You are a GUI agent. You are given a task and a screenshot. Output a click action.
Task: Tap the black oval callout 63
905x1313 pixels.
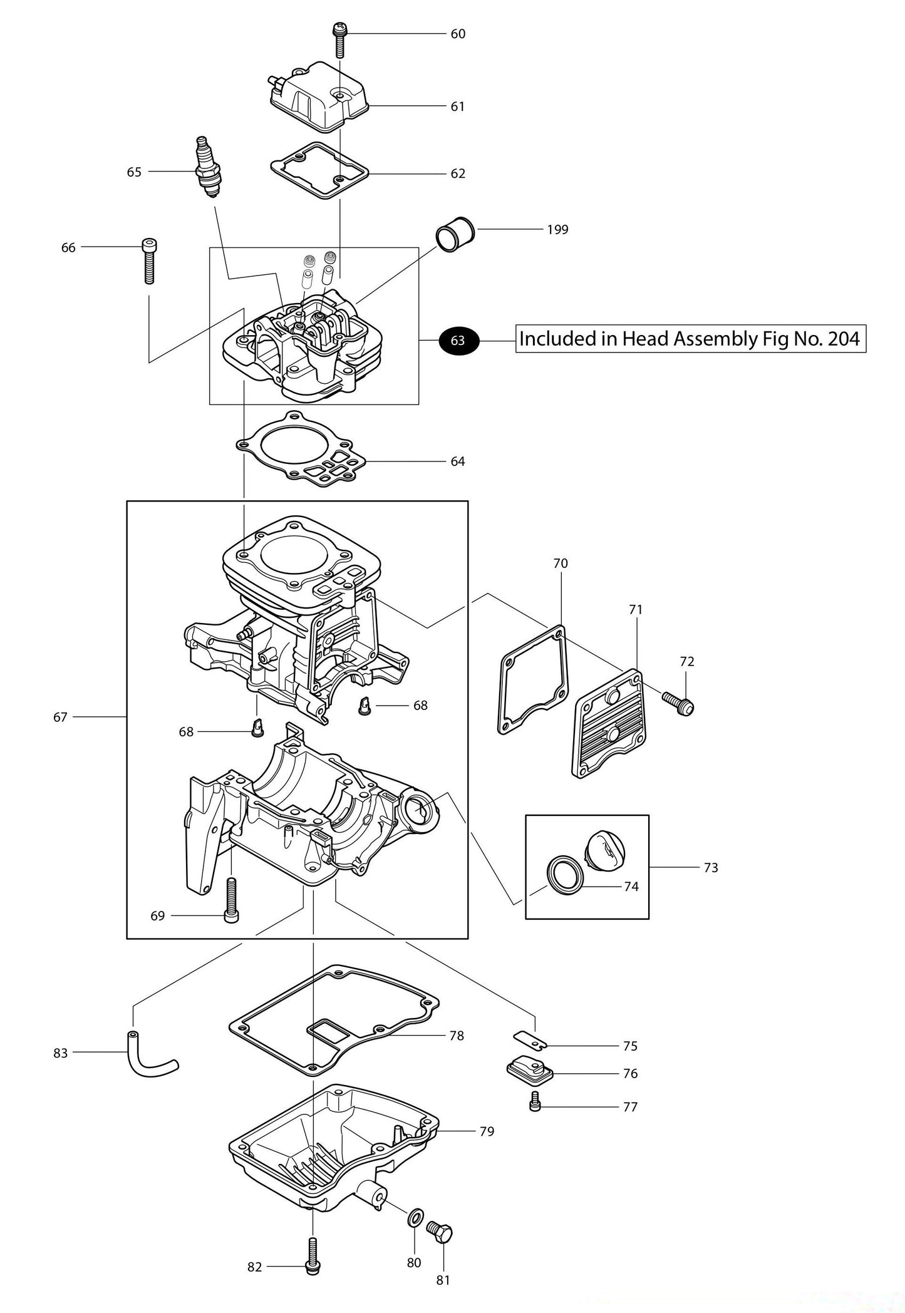tap(458, 340)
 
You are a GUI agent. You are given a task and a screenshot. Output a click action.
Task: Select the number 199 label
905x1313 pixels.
tap(557, 230)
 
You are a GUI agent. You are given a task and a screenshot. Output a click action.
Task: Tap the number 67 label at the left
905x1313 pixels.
tap(60, 717)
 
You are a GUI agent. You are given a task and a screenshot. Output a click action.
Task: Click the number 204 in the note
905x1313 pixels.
tap(844, 339)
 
